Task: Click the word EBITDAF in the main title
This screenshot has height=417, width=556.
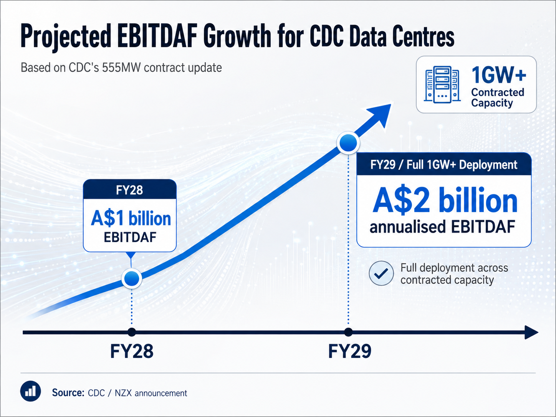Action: (157, 36)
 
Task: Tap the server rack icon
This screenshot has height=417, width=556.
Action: (442, 84)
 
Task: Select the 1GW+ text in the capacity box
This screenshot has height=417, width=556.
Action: (498, 75)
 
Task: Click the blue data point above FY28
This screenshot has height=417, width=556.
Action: (131, 278)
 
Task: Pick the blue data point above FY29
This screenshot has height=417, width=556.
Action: (348, 143)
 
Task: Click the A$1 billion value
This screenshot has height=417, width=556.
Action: (131, 218)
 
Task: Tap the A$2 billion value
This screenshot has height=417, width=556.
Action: (445, 200)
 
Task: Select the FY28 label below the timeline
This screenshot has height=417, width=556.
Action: (132, 351)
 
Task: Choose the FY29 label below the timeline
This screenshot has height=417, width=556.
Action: (349, 351)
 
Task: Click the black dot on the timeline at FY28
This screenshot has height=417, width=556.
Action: (131, 332)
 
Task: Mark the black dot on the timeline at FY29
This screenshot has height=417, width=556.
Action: (348, 332)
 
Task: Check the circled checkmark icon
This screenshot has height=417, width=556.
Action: (381, 273)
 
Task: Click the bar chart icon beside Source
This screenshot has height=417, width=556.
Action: (30, 391)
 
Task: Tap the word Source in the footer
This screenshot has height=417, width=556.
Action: (68, 393)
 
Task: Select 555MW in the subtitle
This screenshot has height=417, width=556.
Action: (121, 68)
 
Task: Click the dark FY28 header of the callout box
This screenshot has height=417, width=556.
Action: (130, 189)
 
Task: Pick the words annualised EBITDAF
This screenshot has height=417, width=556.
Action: (442, 226)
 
